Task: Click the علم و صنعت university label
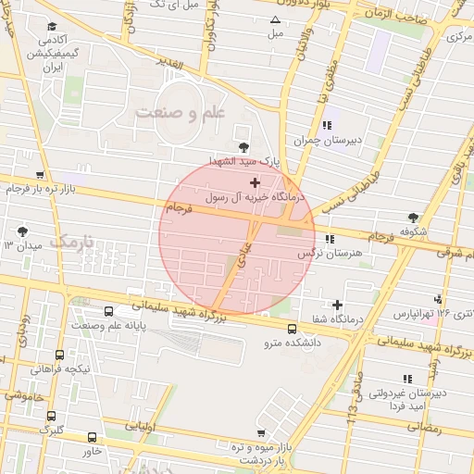(180, 112)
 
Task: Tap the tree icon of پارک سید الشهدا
(243, 146)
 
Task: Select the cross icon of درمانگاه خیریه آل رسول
(255, 184)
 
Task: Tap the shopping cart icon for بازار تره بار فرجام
(39, 174)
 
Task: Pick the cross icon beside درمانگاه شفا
(337, 305)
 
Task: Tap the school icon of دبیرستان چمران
(325, 125)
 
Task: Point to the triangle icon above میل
(275, 19)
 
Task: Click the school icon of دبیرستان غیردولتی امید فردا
(405, 378)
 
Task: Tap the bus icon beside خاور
(92, 436)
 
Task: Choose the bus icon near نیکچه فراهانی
(60, 355)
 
